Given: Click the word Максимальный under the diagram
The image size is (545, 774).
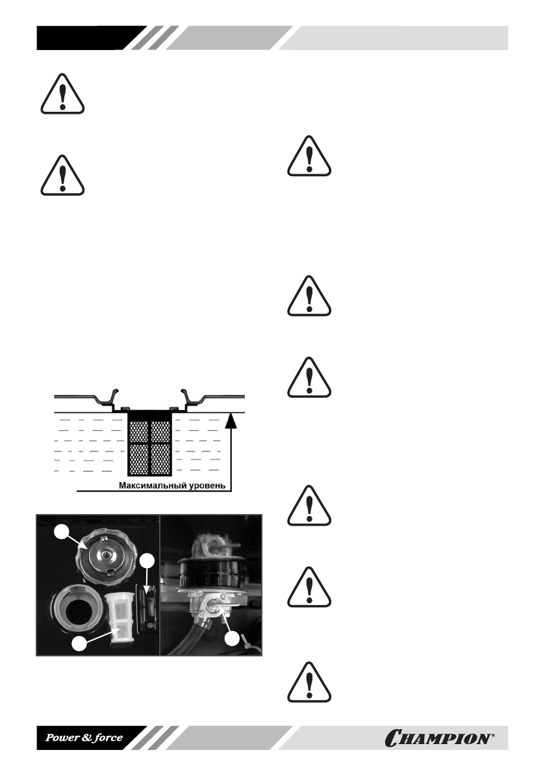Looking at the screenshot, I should click(151, 485).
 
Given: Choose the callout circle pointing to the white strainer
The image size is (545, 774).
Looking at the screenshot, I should click(79, 645).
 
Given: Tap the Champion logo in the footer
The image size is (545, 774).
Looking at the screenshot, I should click(449, 738).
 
